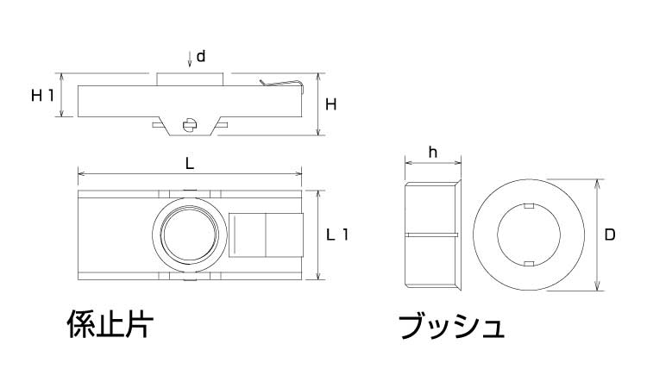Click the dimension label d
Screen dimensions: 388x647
point(200,57)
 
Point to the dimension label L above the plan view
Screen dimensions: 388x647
point(190,162)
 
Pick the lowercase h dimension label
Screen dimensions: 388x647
point(433,153)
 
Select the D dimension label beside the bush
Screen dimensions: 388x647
point(609,235)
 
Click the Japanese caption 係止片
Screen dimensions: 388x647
point(110,326)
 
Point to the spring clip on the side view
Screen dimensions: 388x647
point(283,84)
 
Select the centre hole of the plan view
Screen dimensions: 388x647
point(190,234)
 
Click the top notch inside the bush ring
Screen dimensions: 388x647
point(530,207)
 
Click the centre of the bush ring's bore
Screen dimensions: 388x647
point(530,235)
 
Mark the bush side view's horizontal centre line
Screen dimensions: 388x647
point(431,234)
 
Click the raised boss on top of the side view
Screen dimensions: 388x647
point(190,79)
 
